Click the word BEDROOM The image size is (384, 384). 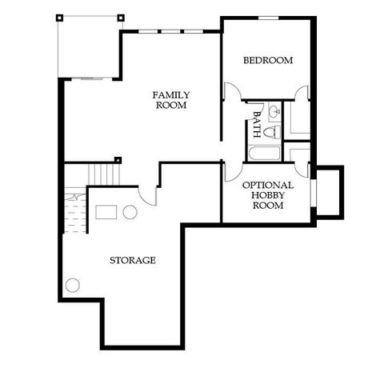tap(268, 60)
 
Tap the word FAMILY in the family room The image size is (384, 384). tap(171, 95)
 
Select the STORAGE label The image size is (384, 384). tap(132, 260)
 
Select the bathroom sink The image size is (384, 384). tap(273, 110)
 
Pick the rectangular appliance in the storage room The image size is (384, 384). tap(106, 212)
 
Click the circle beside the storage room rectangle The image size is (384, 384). tap(129, 212)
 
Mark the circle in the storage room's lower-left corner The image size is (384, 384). tap(74, 285)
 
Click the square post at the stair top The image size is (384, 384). tap(118, 159)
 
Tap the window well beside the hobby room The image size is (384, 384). tap(329, 192)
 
